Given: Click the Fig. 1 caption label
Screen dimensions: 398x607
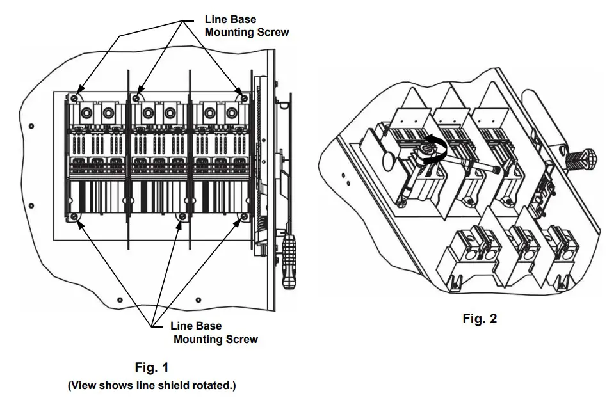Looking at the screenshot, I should click(x=152, y=367).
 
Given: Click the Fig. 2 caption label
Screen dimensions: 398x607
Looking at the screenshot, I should click(x=480, y=319).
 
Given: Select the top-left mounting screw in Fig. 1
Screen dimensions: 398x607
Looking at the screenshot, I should click(x=75, y=98).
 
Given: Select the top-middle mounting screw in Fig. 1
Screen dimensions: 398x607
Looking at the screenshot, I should click(x=136, y=98).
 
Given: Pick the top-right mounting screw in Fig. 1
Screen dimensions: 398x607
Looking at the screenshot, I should click(x=243, y=97).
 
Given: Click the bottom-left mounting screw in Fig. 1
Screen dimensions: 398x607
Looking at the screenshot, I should click(x=76, y=218).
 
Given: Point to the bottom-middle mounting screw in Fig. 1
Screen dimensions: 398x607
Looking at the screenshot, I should click(x=182, y=218).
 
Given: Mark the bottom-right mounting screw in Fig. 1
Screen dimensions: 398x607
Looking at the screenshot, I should click(x=243, y=218).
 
